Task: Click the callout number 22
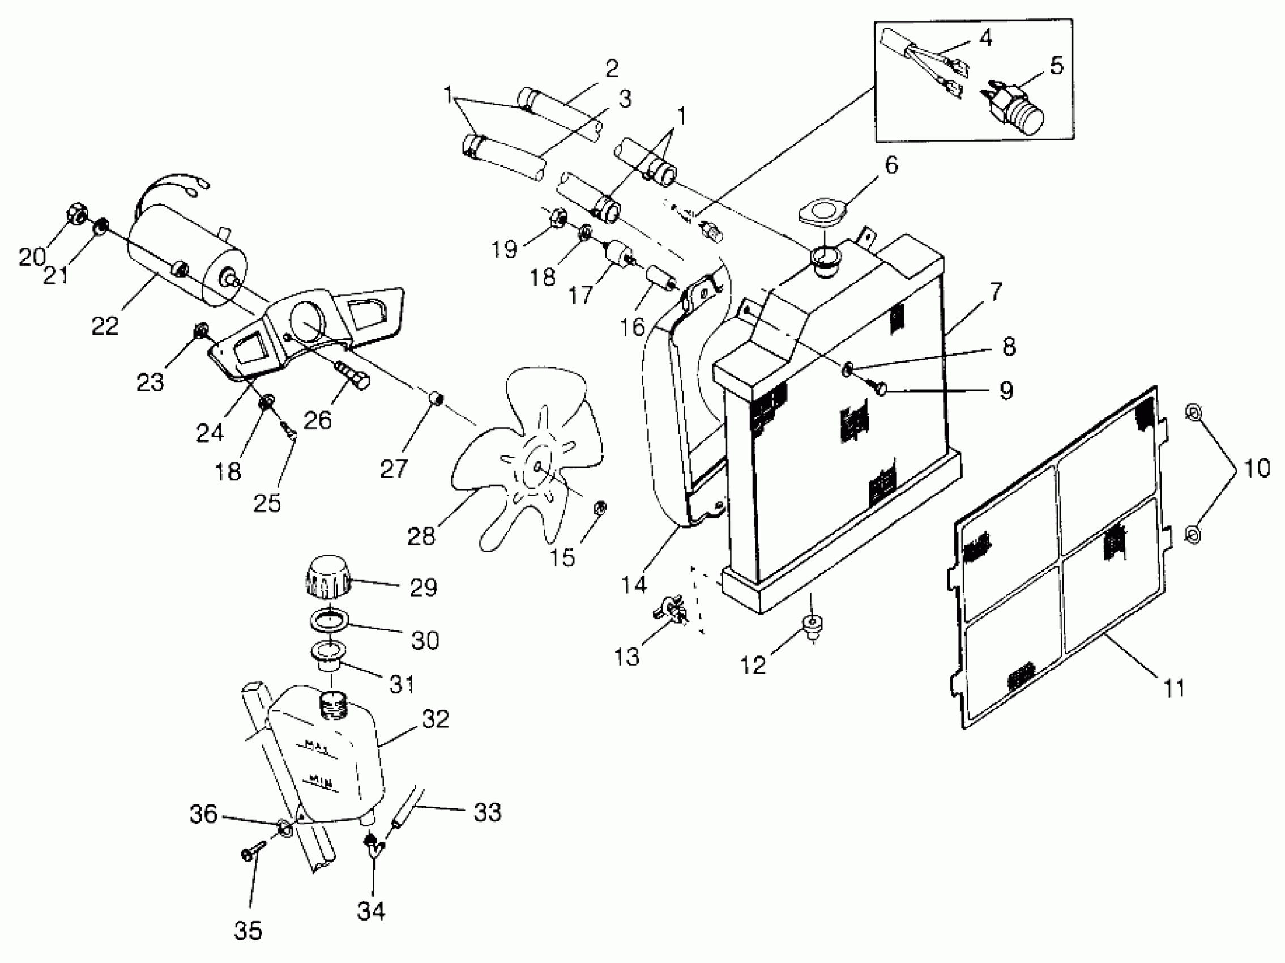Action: (x=105, y=326)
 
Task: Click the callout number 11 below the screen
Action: (x=1174, y=688)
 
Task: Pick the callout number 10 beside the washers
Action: (x=1257, y=467)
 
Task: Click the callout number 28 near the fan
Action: (x=421, y=536)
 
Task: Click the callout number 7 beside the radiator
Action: (x=996, y=292)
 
